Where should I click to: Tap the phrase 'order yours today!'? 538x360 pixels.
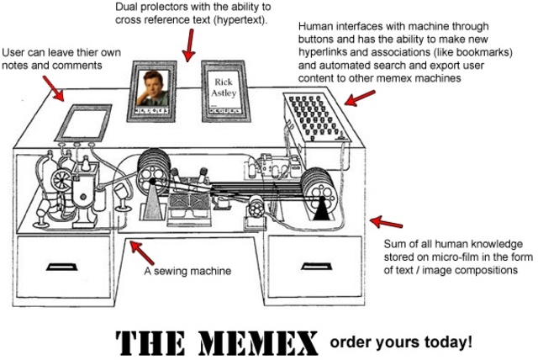(400, 341)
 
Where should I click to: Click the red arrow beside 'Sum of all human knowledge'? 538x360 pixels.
(386, 223)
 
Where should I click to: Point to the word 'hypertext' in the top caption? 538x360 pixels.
(237, 19)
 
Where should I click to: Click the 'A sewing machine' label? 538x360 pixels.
(187, 271)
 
